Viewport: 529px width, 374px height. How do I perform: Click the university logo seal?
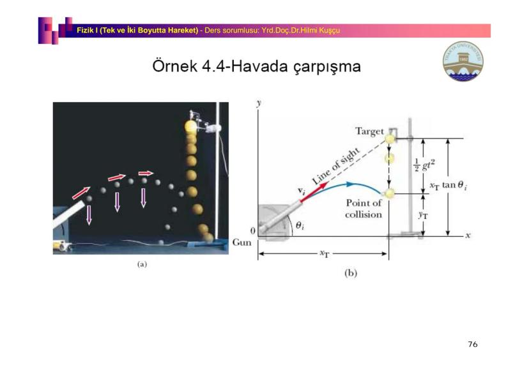(x=463, y=61)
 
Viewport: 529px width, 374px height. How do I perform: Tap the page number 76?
(x=473, y=344)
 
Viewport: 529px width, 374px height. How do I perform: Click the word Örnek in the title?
(x=174, y=66)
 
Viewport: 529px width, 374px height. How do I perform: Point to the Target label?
(x=369, y=131)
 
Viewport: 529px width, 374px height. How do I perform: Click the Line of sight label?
(x=336, y=166)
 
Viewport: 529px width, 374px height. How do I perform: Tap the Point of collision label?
(x=364, y=209)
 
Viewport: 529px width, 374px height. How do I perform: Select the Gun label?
(x=242, y=243)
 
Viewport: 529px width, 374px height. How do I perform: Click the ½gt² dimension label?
(x=424, y=165)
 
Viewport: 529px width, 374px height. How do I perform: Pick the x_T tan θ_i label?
(x=448, y=185)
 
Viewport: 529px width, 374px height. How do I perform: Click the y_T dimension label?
(x=423, y=215)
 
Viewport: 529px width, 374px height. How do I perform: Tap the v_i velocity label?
(x=302, y=191)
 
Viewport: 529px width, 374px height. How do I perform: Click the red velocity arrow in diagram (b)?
(x=314, y=192)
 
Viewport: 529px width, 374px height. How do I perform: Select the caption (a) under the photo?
(x=142, y=264)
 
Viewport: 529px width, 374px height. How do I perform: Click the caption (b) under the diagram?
(x=351, y=273)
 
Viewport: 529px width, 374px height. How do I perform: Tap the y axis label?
(x=259, y=103)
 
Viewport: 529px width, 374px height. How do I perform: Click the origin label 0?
(x=253, y=231)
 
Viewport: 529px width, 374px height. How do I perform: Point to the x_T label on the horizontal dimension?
(x=324, y=254)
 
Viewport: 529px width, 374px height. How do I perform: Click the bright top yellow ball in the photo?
(x=190, y=127)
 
